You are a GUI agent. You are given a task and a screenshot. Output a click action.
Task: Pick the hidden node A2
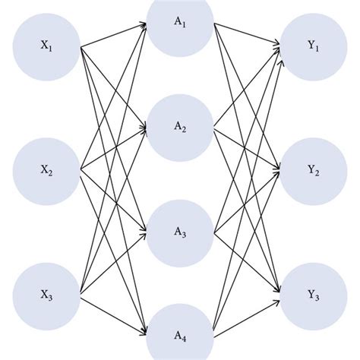[x=179, y=128]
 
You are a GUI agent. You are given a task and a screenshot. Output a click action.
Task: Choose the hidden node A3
[x=179, y=232]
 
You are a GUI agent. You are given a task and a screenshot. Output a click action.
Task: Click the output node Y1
[x=312, y=46]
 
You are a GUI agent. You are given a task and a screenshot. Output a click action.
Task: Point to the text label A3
[x=179, y=232]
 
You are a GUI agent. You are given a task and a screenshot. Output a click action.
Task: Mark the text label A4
[x=179, y=336]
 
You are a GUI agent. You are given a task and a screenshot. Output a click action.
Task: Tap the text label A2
[x=179, y=128]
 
